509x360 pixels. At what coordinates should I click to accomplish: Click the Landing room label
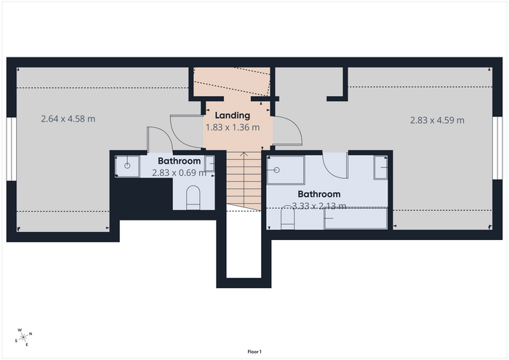coord(233,116)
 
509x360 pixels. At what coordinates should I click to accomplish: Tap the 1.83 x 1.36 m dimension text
coord(233,127)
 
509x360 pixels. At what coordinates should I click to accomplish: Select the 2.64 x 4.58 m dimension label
coord(68,119)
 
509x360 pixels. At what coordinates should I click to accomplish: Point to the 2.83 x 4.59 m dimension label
coord(437,120)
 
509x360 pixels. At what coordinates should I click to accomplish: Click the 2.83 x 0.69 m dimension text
coord(179,172)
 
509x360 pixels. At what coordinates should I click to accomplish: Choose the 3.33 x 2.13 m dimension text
coord(319,206)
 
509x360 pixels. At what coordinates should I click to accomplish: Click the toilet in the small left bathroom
coord(193,197)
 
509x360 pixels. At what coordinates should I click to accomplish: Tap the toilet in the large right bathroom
coord(287,217)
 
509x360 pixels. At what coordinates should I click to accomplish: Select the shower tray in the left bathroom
coord(127,167)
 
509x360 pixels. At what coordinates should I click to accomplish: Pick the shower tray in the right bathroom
coord(286,170)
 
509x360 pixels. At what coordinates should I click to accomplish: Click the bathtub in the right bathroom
coord(356,218)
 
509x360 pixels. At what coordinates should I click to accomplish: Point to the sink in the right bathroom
coord(380,167)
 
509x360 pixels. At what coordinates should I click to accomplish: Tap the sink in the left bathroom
coord(209,164)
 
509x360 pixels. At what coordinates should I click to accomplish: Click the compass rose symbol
coord(24,337)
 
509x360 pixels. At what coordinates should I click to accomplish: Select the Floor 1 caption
coord(254,351)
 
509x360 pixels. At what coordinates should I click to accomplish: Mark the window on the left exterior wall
coord(12,148)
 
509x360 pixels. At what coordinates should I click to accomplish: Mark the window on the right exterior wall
coord(497,148)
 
